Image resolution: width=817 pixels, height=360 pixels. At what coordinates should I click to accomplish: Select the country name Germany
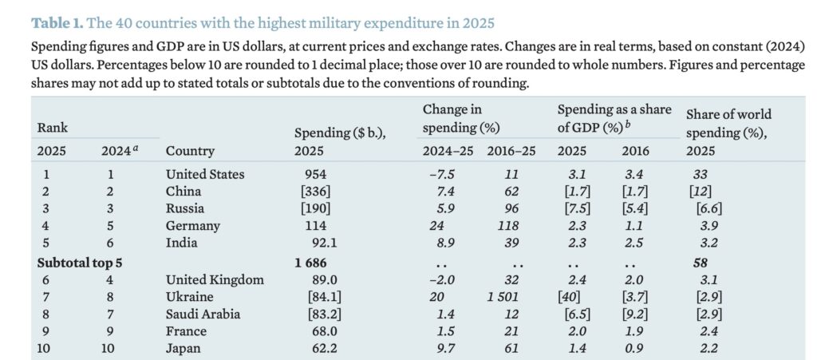191,227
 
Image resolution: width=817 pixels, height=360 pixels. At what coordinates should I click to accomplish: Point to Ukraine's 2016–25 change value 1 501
502,297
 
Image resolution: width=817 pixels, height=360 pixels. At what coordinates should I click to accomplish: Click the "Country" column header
190,150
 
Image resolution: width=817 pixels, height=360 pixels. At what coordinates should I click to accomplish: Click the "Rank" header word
52,127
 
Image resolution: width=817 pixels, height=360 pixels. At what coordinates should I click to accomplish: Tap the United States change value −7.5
441,174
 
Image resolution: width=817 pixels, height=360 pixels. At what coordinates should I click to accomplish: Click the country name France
185,332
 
